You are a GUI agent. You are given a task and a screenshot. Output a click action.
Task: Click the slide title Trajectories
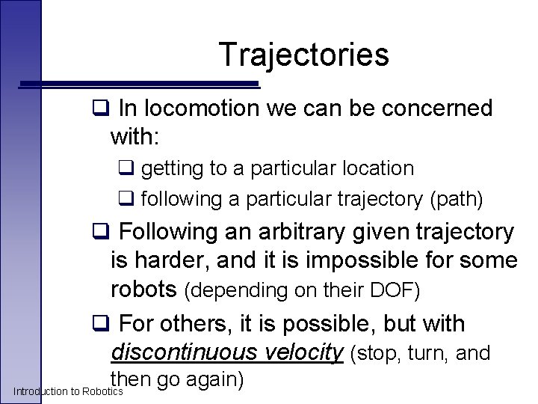(303, 55)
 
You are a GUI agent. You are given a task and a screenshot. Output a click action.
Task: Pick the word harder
(178, 260)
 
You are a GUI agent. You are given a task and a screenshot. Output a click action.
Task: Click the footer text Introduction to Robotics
(68, 391)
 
